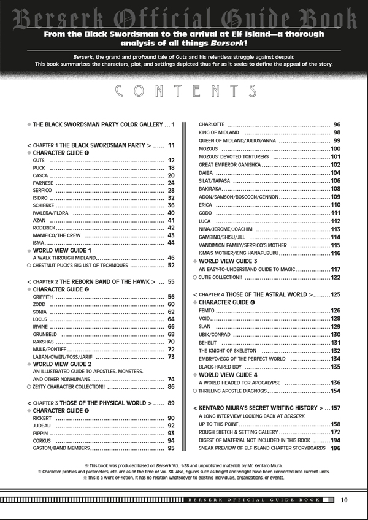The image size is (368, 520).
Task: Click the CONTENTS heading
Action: coord(186,91)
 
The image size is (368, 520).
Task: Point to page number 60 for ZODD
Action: coord(171,305)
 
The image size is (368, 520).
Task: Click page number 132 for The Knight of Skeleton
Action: coord(335,351)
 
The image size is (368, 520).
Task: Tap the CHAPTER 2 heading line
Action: coord(92,281)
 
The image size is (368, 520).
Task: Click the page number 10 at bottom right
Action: coord(344,500)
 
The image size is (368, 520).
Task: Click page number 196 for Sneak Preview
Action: coord(335,448)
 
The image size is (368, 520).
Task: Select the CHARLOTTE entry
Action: coord(212,124)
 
